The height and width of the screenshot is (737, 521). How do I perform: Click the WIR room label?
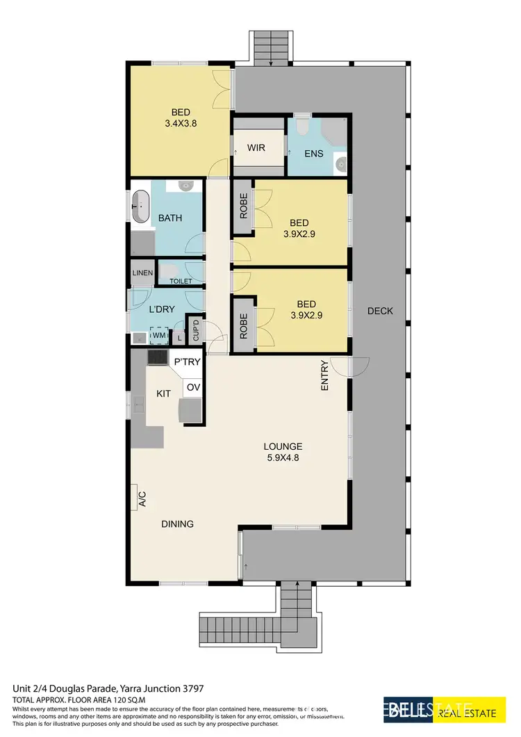click(256, 148)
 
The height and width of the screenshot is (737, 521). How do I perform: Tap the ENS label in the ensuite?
click(313, 153)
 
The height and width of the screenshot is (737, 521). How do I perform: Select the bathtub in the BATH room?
click(141, 206)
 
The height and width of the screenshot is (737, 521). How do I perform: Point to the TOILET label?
click(181, 281)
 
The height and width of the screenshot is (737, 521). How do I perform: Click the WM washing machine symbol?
click(160, 336)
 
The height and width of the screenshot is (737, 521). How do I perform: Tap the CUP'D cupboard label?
click(196, 330)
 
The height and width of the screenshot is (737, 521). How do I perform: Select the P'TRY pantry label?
click(187, 362)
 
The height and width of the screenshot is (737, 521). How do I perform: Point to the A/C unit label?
click(142, 499)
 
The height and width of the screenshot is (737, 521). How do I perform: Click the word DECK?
click(380, 311)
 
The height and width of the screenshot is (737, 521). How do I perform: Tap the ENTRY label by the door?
click(324, 378)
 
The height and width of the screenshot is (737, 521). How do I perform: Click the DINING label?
click(177, 524)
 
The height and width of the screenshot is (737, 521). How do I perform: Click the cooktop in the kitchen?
click(157, 357)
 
